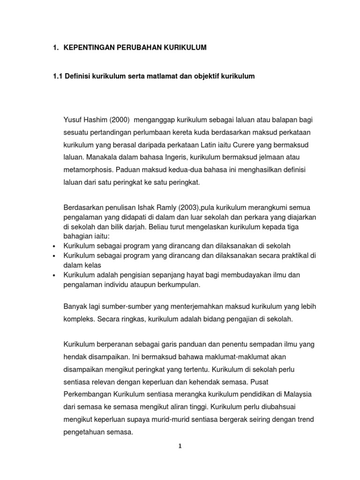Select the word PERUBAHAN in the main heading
[139, 48]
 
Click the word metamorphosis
[88, 170]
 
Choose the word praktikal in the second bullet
[296, 255]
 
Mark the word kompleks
[78, 319]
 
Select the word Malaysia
[299, 393]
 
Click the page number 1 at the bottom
[180, 447]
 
